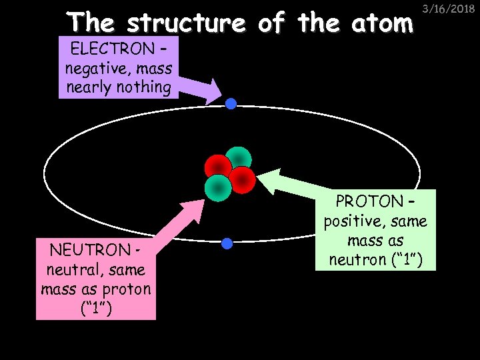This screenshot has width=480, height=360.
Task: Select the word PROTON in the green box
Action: coord(370,201)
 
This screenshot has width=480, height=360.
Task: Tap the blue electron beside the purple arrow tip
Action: coord(231,104)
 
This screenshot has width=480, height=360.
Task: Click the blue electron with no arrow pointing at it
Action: coord(227,243)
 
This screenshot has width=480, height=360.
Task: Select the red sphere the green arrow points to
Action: coord(243,179)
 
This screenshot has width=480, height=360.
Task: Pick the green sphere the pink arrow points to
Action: coord(217,187)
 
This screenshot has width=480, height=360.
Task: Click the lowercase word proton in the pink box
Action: coord(128,289)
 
